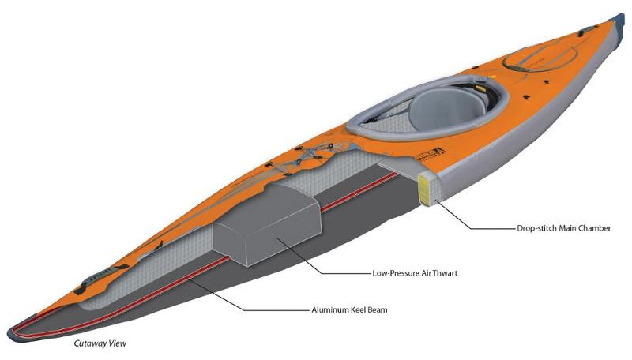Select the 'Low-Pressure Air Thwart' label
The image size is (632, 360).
pos(415,274)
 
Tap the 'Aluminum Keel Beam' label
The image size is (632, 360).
pos(349,310)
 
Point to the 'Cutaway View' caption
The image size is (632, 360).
pos(100,344)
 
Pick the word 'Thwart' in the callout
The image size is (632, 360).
pos(444,274)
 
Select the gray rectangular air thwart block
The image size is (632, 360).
pos(265,225)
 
